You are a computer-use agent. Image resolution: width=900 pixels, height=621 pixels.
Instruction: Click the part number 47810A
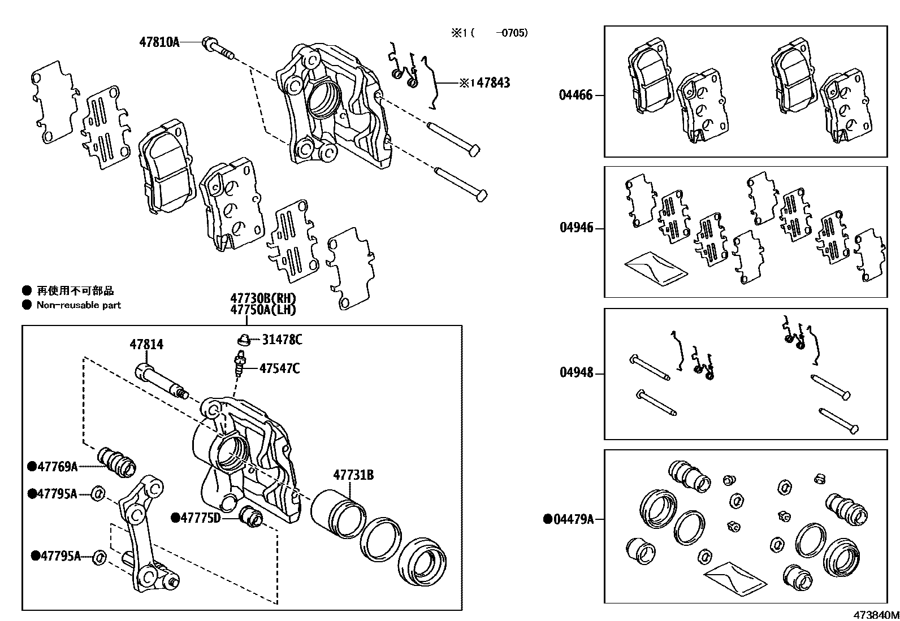[x=159, y=41]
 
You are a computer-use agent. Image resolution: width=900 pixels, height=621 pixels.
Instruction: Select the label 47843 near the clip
[x=492, y=83]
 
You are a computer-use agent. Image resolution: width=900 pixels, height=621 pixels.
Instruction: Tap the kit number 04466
[x=576, y=95]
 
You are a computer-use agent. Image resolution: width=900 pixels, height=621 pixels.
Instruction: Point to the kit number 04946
[x=576, y=228]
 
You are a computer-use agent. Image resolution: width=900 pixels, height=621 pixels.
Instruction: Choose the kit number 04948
[x=576, y=372]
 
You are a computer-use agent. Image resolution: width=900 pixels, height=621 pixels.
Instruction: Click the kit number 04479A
[x=573, y=519]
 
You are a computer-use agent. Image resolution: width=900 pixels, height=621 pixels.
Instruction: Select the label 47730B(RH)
[x=263, y=298]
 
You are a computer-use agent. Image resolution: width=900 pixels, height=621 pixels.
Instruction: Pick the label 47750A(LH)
[x=263, y=309]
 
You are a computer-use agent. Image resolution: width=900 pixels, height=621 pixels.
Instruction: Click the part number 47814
[x=146, y=344]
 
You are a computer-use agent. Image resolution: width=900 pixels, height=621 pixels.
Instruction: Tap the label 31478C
[x=282, y=340]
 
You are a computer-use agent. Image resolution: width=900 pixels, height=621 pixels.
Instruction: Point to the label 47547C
[x=279, y=368]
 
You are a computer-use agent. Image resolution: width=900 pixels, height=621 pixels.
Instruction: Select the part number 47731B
[x=353, y=475]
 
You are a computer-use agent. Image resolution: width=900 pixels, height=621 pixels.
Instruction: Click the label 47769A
[x=57, y=466]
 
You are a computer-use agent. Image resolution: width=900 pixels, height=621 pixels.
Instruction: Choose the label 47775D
[x=200, y=518]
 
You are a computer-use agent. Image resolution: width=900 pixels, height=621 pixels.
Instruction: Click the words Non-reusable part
[x=79, y=305]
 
